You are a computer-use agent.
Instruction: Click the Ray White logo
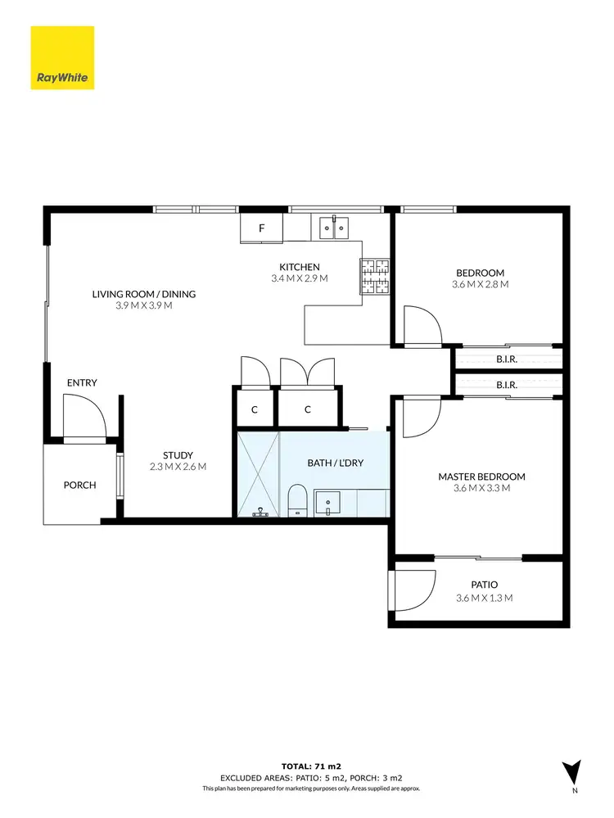[62, 58]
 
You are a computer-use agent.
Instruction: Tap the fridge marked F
[261, 228]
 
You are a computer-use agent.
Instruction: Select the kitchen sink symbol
[334, 227]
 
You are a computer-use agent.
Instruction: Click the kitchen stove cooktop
[376, 277]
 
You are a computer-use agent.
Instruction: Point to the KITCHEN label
[299, 267]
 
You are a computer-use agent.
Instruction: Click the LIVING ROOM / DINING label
[143, 294]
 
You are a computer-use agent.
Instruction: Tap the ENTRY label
[82, 382]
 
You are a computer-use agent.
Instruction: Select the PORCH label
[79, 485]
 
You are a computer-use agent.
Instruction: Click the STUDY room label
[178, 455]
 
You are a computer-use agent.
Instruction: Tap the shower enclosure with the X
[258, 475]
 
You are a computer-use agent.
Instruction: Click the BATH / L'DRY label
[335, 463]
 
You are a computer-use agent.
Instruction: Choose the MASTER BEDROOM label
[481, 477]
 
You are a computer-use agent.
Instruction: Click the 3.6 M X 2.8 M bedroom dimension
[480, 285]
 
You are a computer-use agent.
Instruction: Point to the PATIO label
[484, 585]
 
